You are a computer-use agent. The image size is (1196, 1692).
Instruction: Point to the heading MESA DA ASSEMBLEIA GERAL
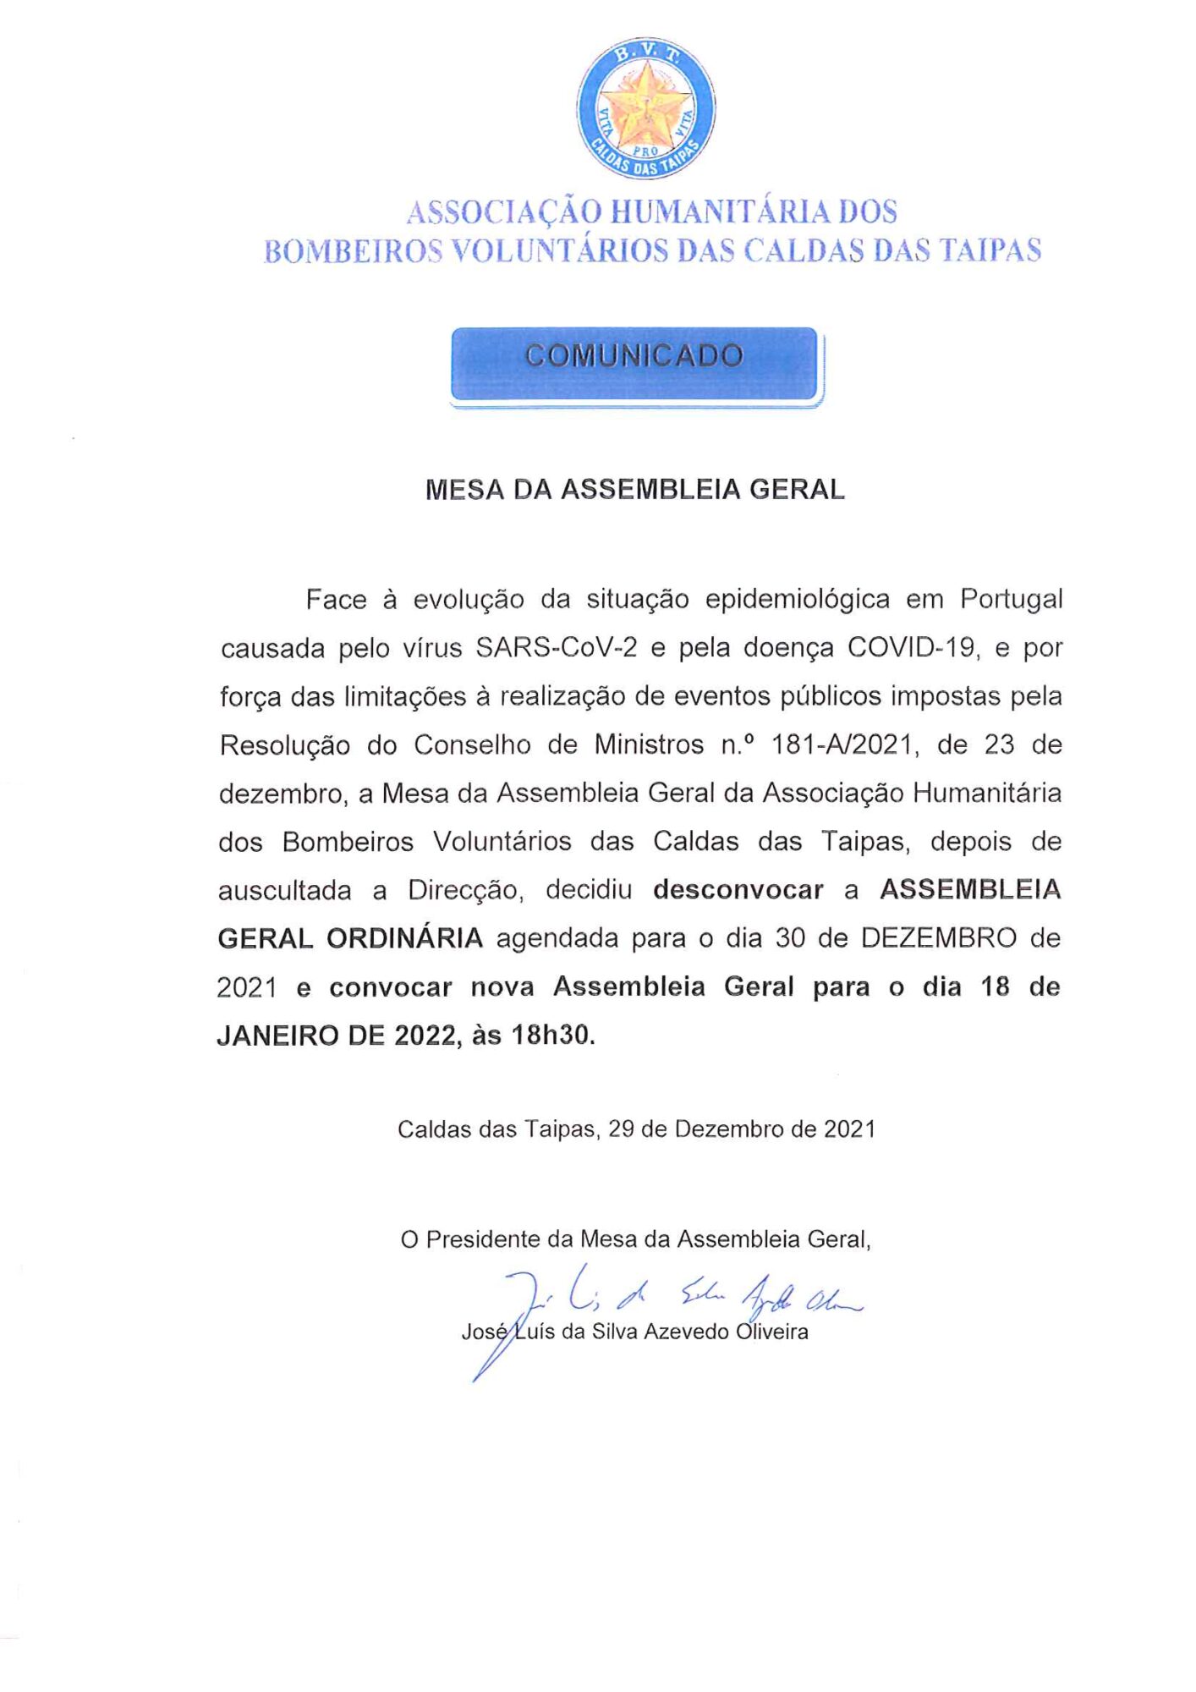coord(634,490)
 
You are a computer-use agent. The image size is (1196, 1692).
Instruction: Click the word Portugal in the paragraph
coord(1011,600)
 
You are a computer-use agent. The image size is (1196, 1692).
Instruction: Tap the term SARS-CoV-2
coord(556,648)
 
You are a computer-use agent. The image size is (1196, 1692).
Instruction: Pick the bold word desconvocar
coord(738,890)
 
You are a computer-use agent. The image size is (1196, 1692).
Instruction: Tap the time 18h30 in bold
coord(552,1036)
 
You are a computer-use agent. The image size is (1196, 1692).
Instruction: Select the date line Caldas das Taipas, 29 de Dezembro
coord(636,1129)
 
